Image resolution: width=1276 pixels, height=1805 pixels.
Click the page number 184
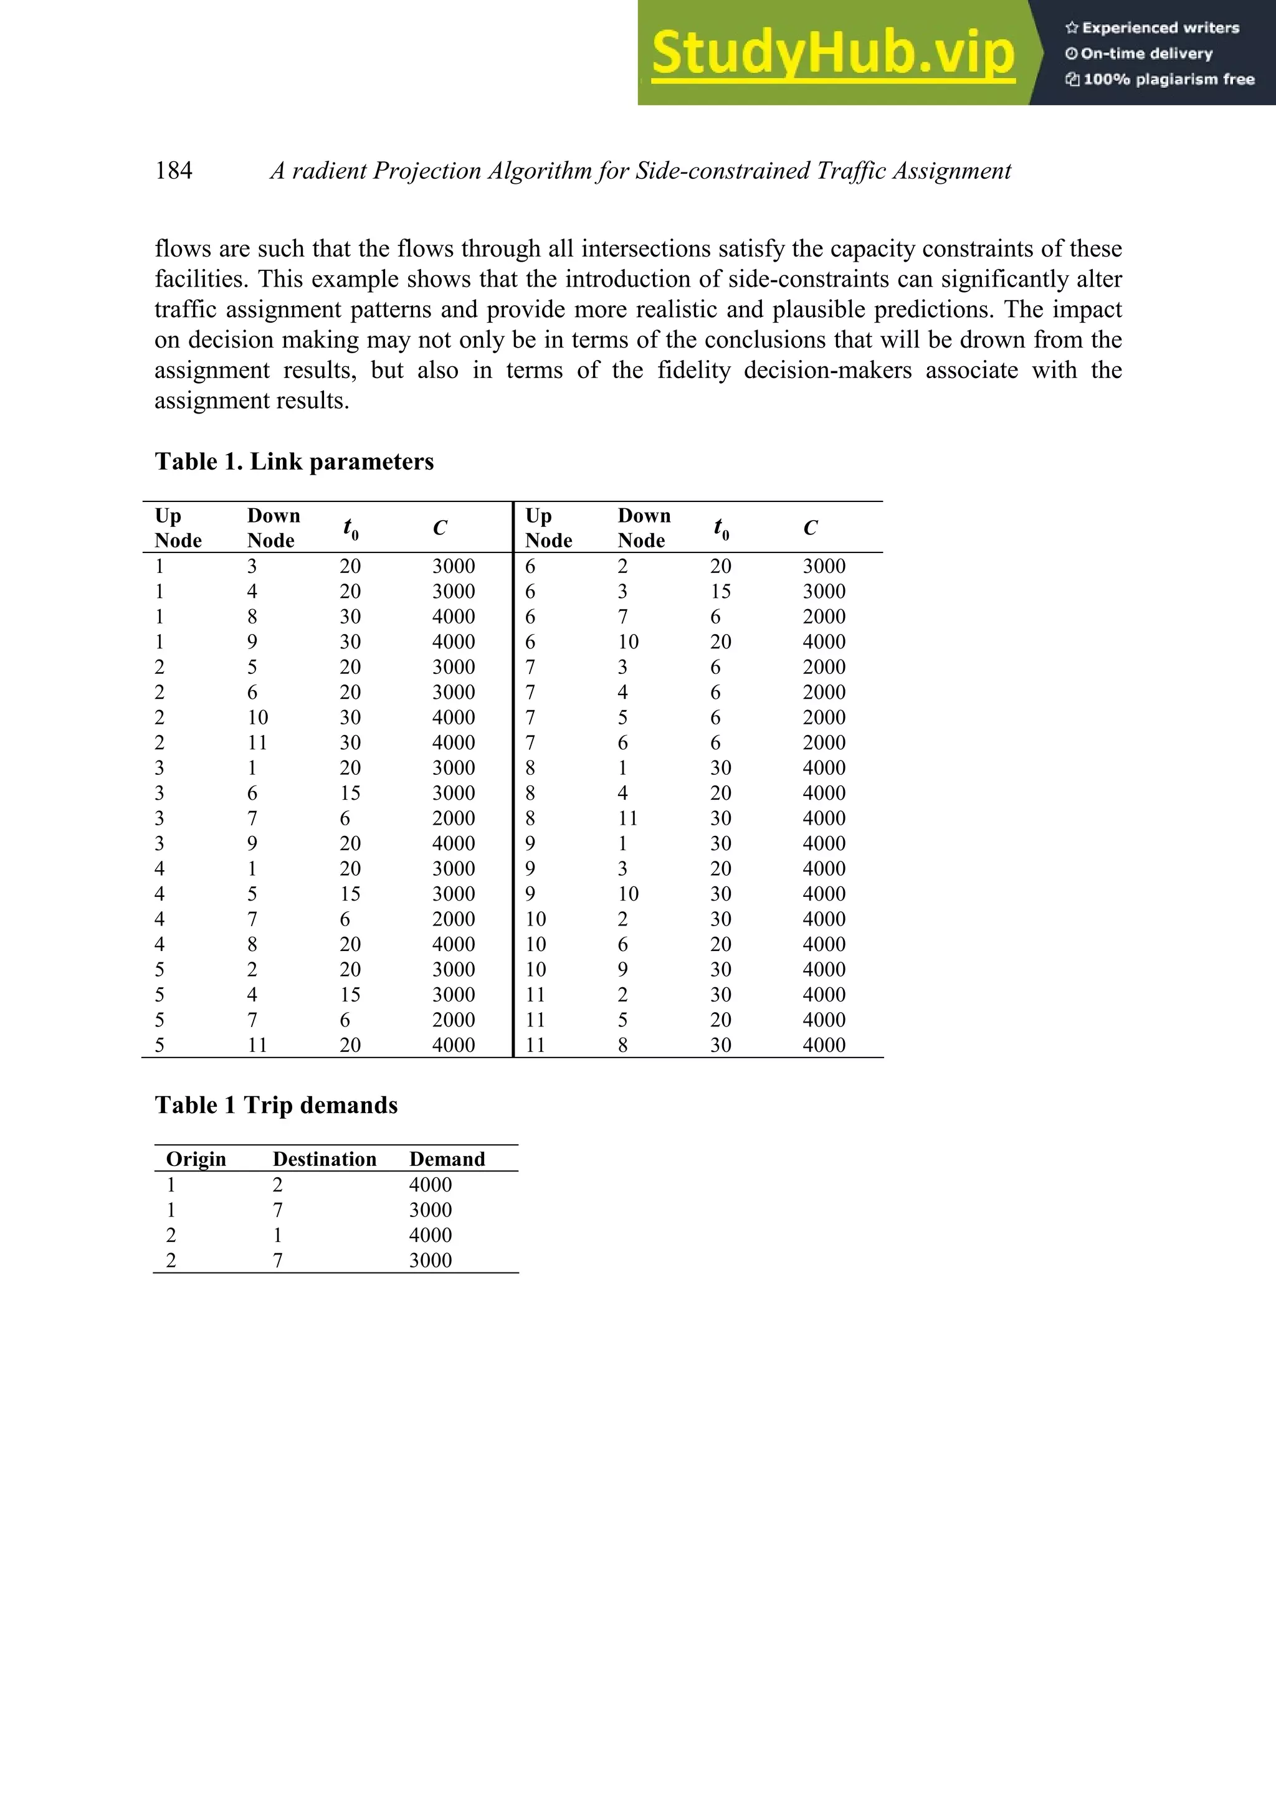(174, 171)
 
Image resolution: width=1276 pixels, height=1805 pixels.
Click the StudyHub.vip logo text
(832, 54)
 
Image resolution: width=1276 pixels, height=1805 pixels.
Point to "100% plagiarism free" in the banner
(1168, 78)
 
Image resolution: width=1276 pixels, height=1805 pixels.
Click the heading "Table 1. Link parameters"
(294, 462)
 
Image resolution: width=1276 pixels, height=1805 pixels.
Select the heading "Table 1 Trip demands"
(276, 1106)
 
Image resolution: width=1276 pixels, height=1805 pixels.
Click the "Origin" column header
(196, 1158)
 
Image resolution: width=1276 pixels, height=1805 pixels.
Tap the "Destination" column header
(324, 1158)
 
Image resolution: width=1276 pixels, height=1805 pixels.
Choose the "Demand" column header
(447, 1158)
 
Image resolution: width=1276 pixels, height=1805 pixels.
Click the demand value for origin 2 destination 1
(430, 1235)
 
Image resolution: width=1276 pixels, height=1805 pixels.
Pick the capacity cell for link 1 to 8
(453, 617)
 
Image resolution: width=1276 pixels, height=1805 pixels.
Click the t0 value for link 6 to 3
(720, 591)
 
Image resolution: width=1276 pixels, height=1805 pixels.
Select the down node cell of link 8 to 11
(627, 818)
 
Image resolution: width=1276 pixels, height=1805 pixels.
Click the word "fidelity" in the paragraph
(693, 370)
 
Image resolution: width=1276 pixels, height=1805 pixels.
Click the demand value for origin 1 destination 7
(430, 1210)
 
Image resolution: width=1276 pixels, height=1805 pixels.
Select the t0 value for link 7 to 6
(715, 743)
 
